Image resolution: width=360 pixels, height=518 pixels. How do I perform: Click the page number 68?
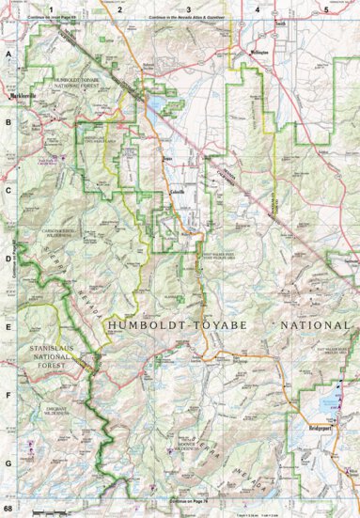click(8, 510)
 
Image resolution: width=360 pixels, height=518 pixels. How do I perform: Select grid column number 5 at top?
click(325, 8)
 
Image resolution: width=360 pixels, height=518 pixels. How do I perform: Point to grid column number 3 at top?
click(189, 8)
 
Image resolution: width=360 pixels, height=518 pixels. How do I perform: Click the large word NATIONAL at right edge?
click(310, 325)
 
